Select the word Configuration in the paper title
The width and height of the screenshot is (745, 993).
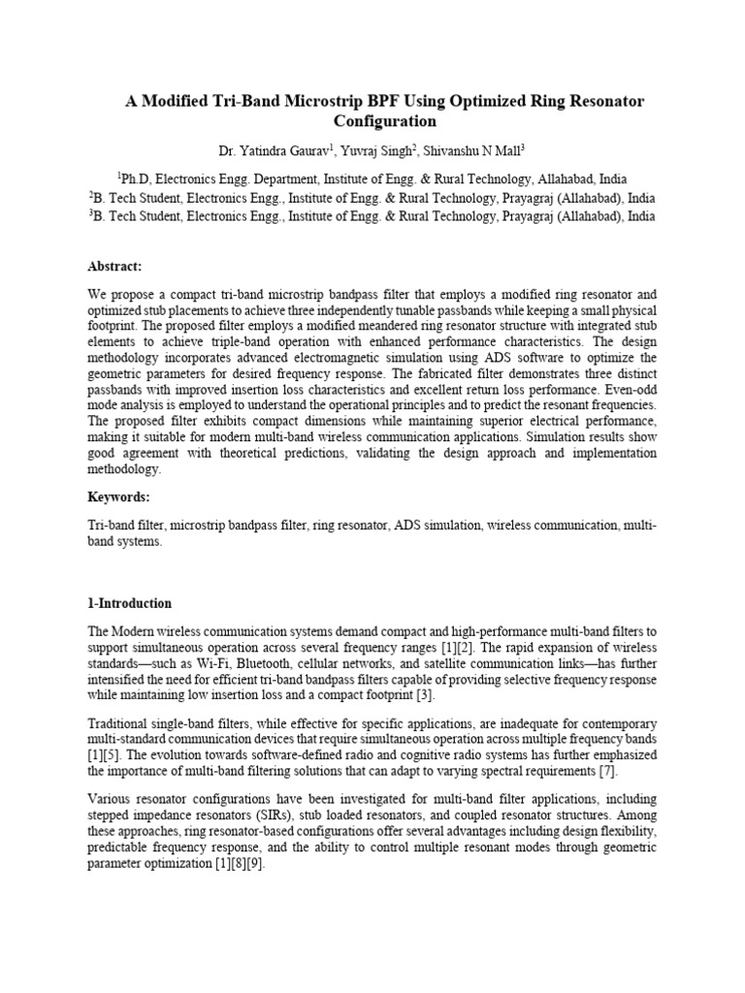pos(385,122)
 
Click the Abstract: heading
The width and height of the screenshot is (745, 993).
pos(115,267)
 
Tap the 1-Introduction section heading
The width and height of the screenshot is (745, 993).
pos(129,602)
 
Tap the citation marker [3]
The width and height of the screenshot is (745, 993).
pos(424,695)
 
